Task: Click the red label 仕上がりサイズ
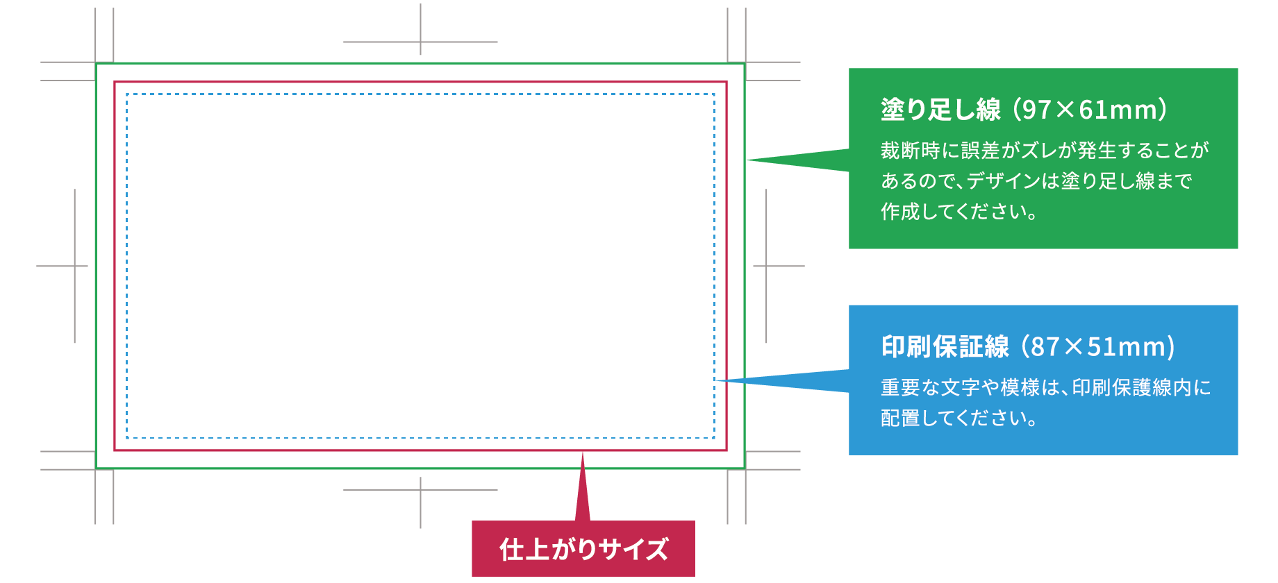tap(583, 549)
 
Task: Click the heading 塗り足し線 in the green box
tap(940, 110)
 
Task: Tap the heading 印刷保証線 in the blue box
tap(945, 346)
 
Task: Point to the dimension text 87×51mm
tap(1098, 346)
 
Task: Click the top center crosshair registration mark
tap(420, 42)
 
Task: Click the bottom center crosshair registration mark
tap(420, 490)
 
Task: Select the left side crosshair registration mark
tap(74, 266)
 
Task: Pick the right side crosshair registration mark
tap(766, 266)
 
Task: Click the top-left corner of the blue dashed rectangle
tap(127, 94)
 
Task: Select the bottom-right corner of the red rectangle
tap(727, 450)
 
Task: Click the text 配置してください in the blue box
tap(959, 418)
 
